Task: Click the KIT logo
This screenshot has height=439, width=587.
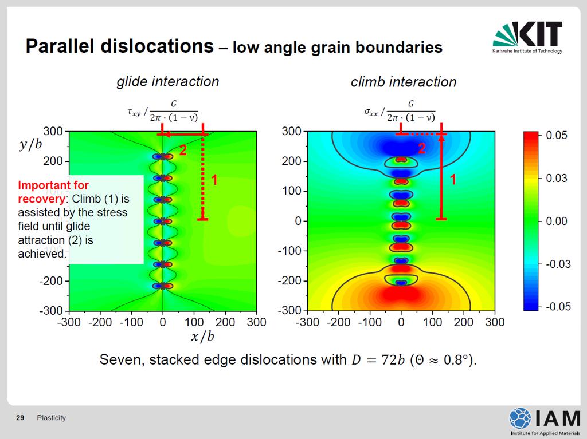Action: pos(527,37)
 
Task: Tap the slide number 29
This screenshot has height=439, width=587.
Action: pos(20,418)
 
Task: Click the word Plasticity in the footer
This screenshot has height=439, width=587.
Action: pos(51,418)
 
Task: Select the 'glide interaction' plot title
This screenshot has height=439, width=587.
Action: pos(168,81)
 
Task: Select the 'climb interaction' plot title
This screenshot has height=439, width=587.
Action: pos(404,82)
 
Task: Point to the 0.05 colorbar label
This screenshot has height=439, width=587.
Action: pos(557,135)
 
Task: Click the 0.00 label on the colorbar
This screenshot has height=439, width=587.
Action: pos(557,221)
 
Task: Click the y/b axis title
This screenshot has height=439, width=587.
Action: pos(30,144)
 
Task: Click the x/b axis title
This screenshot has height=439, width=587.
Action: pos(202,336)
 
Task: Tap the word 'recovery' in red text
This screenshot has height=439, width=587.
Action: pos(41,199)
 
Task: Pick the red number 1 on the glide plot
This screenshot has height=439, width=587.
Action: pos(214,180)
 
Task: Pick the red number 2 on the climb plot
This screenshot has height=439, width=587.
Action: pos(422,149)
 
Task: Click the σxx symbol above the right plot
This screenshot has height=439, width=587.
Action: pos(371,112)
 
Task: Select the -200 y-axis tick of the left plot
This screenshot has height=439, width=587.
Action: pos(53,281)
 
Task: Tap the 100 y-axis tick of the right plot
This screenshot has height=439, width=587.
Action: pos(292,191)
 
